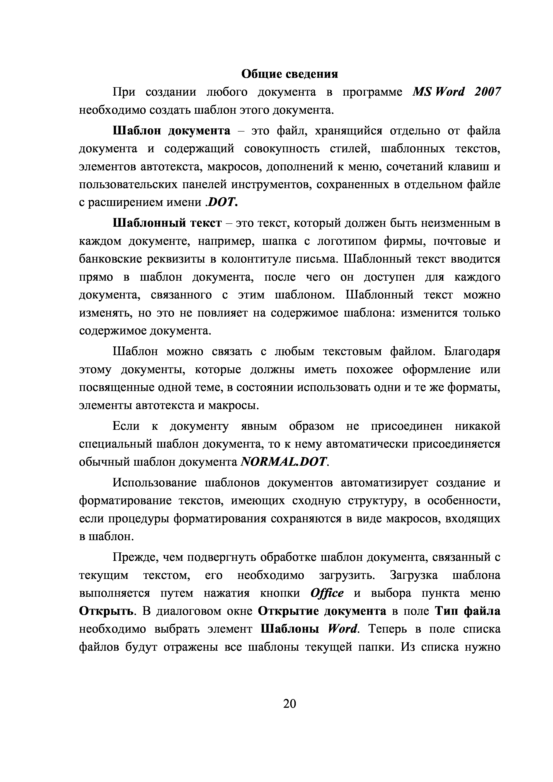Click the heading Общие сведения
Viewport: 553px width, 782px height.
click(290, 74)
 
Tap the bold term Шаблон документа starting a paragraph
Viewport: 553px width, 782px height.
click(171, 131)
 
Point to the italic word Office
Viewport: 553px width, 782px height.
click(327, 594)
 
